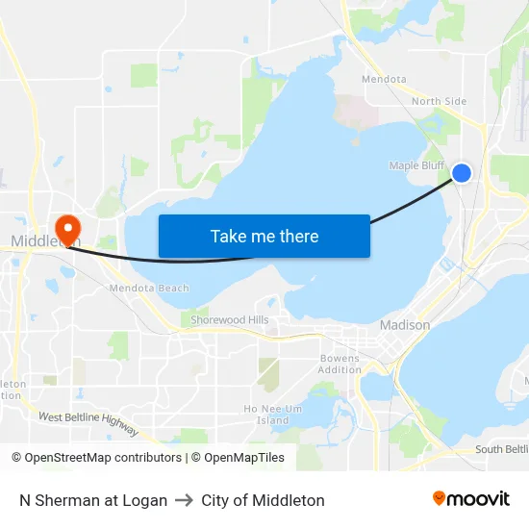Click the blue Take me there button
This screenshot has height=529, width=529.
[x=264, y=236]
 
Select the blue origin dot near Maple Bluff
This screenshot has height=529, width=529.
[x=462, y=173]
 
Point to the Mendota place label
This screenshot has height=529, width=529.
[x=384, y=79]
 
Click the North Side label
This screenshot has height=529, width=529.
[x=439, y=101]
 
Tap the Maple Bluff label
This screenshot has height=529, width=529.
[x=416, y=165]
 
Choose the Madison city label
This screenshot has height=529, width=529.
[x=405, y=325]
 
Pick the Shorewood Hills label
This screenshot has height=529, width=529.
[x=229, y=319]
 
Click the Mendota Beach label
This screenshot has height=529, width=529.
[x=149, y=288]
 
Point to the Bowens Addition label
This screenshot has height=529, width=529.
[x=340, y=365]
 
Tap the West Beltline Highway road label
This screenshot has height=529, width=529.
[x=88, y=423]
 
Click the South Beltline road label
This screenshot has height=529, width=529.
[x=501, y=449]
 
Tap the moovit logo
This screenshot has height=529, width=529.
[x=471, y=499]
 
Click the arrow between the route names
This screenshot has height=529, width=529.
[x=184, y=500]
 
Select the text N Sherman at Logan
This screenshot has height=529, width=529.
[x=93, y=500]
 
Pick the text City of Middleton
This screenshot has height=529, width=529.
[x=263, y=500]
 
